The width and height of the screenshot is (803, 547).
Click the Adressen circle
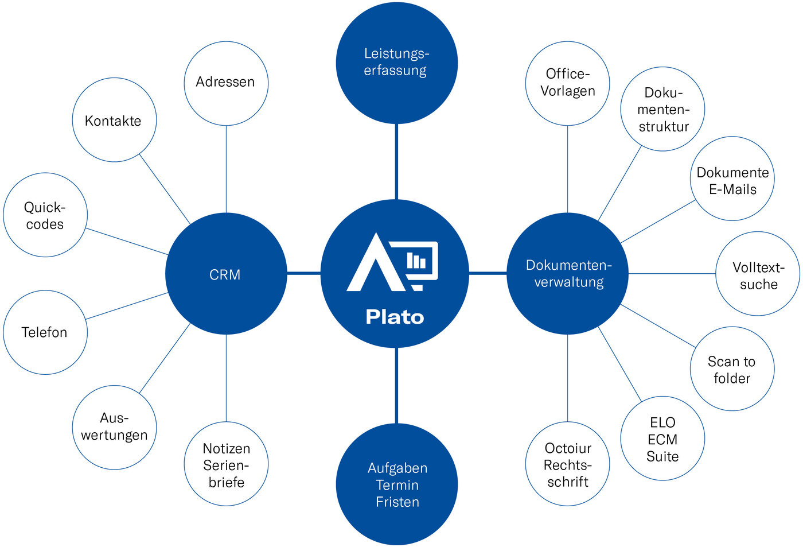(226, 83)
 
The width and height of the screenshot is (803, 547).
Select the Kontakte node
(114, 120)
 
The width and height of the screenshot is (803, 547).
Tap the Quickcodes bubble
(45, 215)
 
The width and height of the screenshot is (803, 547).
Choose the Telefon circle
(45, 332)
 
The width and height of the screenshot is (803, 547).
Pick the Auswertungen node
(114, 427)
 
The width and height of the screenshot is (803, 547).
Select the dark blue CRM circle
(226, 274)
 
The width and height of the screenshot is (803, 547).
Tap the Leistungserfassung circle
(396, 63)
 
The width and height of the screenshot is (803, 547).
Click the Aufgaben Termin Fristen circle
(396, 484)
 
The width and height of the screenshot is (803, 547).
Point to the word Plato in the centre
(395, 317)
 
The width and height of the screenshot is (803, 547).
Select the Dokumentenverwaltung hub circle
(568, 274)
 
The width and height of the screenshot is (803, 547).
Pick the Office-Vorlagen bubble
(568, 83)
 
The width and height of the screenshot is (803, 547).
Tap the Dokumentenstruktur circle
(662, 109)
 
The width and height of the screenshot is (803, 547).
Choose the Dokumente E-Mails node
(732, 179)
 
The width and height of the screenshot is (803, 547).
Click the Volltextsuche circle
(758, 274)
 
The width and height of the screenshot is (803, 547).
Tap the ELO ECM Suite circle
(662, 439)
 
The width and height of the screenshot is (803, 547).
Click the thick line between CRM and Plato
(303, 273)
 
